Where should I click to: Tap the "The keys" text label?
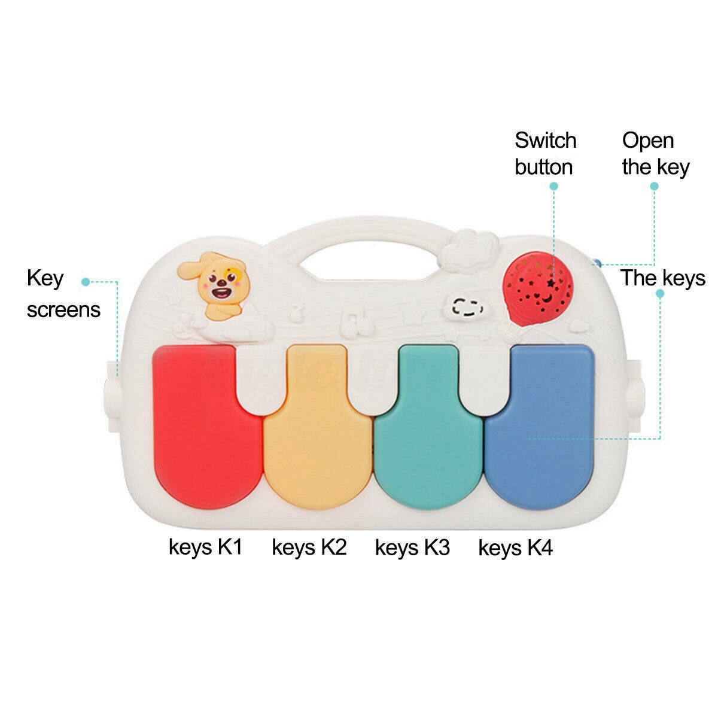point(662,278)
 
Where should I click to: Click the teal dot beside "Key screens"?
point(86,281)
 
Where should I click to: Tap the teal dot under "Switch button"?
point(554,186)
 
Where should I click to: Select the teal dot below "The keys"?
point(661,293)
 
